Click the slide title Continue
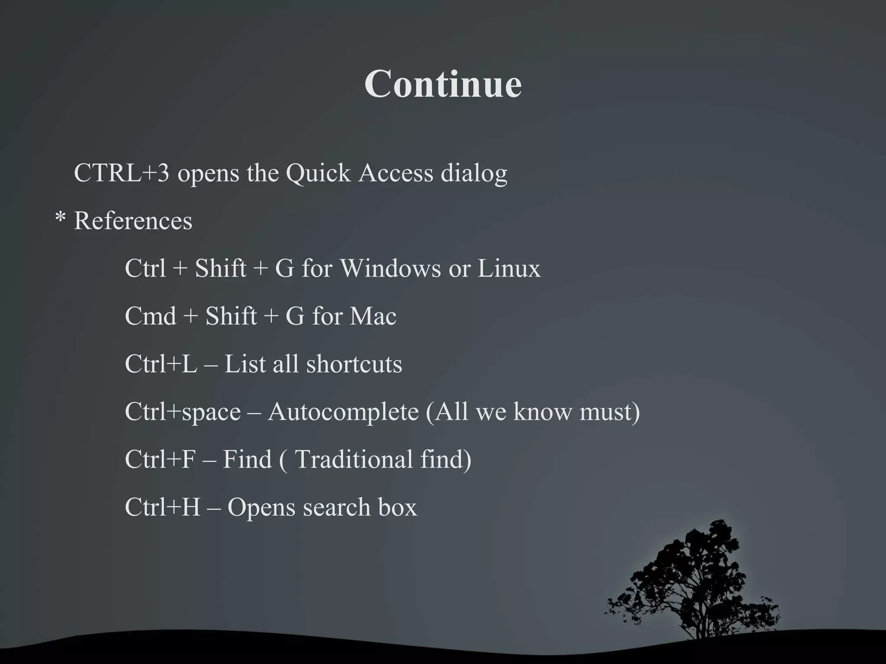pos(443,83)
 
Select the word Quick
pos(318,174)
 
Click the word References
pos(133,220)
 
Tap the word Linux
pos(509,268)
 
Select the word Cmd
pos(150,316)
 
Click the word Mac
pos(373,316)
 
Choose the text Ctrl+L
pos(161,364)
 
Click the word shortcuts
pos(354,364)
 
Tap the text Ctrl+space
pos(183,412)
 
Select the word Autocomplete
pos(343,412)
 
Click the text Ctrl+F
pos(160,459)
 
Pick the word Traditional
pos(353,459)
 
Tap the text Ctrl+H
pos(162,507)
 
